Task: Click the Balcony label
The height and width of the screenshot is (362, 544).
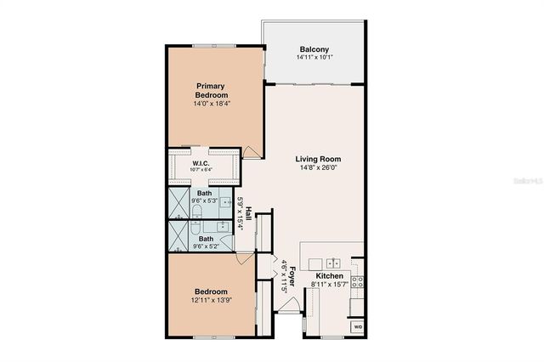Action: [314, 48]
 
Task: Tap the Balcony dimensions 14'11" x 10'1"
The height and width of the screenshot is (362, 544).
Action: [314, 58]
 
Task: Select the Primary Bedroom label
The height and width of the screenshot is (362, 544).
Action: [211, 90]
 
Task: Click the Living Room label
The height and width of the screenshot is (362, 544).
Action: [318, 159]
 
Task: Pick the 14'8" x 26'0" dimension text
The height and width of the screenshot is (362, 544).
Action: [318, 169]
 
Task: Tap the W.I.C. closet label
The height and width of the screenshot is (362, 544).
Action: [201, 163]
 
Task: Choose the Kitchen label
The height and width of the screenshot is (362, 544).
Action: [329, 277]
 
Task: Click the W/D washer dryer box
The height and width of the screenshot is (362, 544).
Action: [356, 326]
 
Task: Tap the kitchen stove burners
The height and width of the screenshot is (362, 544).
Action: [357, 283]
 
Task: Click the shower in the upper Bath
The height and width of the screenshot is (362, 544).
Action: [179, 204]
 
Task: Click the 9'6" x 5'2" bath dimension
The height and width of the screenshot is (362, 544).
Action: [206, 247]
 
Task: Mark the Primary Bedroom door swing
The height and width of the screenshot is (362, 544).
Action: [252, 150]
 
